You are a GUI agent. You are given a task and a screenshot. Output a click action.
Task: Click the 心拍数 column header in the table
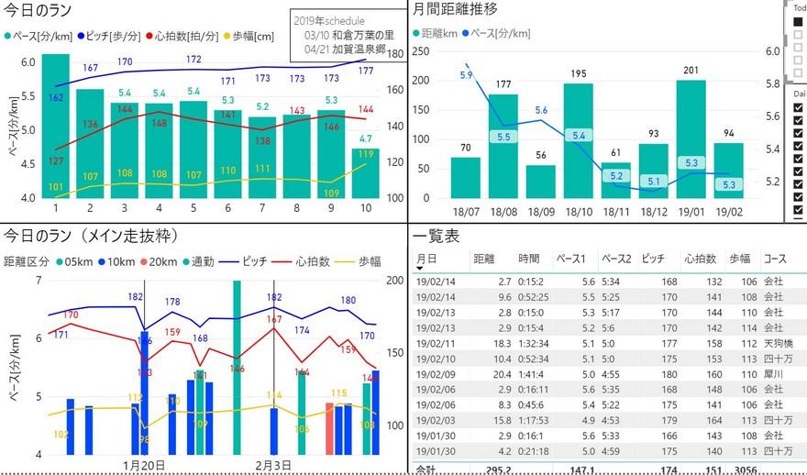coord(702,260)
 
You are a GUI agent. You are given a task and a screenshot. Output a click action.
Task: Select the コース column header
coord(776,260)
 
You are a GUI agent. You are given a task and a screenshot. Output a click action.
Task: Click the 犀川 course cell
coord(772,374)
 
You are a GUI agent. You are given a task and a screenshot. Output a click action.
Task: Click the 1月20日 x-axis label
coord(144,465)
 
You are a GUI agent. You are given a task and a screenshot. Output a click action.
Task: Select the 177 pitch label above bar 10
coord(366,71)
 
